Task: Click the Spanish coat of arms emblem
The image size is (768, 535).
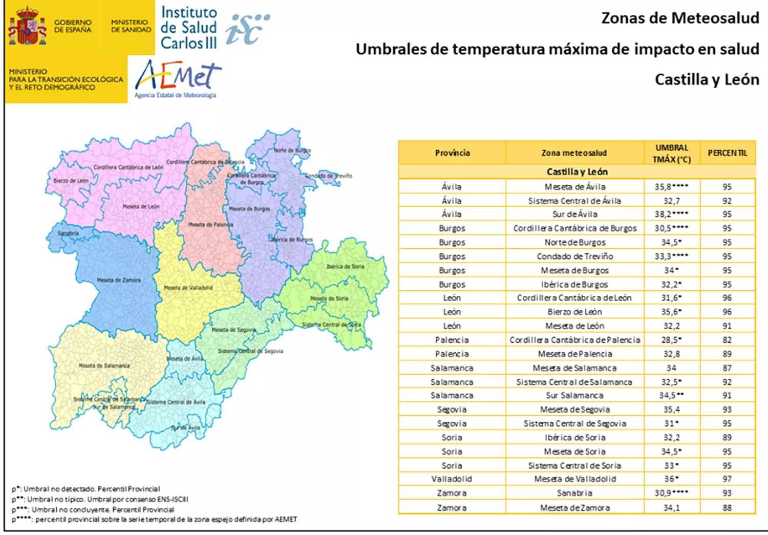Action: coord(27,26)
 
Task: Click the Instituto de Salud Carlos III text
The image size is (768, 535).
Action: coord(188,28)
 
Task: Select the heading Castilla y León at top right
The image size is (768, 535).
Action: coord(707,80)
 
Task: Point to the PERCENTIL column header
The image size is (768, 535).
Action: coord(727,153)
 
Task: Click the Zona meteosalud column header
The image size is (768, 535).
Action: coord(574,153)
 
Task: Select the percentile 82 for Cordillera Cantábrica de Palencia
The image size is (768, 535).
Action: coord(727,340)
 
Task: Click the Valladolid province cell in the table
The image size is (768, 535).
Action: coord(452,479)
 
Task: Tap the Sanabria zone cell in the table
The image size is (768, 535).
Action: coord(574,493)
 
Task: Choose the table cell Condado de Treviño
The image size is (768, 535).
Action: coord(574,256)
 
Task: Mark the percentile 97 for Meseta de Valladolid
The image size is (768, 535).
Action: coord(727,479)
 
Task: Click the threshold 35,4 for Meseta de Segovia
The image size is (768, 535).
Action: coord(671,410)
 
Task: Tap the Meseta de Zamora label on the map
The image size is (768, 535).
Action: coord(119,280)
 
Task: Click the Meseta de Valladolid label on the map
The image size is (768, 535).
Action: coord(188,288)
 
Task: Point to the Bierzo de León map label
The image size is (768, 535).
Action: coord(71,181)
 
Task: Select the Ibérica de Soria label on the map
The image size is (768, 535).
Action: coord(345,266)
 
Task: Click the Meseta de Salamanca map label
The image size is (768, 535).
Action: coord(104,366)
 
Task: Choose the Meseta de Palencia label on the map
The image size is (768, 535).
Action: coord(210,224)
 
